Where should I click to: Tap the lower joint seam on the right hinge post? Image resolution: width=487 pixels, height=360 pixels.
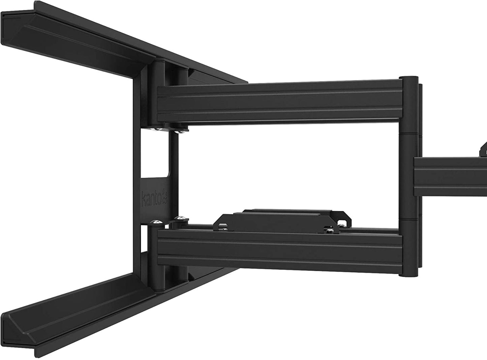point(408,219)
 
